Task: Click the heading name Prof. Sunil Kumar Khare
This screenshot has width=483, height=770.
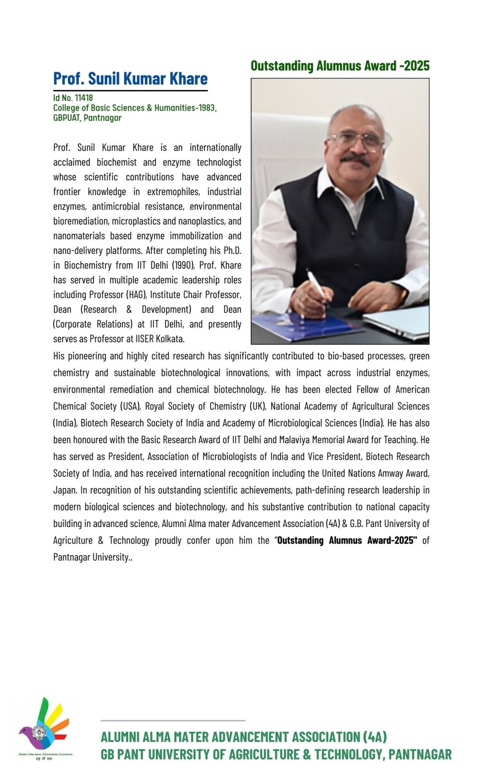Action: tap(130, 78)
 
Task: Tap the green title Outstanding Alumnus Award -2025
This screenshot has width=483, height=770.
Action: tap(340, 66)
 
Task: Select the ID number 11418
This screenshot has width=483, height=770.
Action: tap(84, 98)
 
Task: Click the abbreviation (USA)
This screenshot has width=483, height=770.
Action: tap(130, 406)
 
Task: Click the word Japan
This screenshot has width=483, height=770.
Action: tap(64, 490)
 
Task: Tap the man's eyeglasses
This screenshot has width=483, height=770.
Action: tap(357, 140)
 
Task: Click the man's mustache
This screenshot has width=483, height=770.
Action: tap(355, 159)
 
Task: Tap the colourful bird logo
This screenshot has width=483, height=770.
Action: tap(44, 726)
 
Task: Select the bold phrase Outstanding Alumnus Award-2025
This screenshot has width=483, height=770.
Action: tap(347, 540)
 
